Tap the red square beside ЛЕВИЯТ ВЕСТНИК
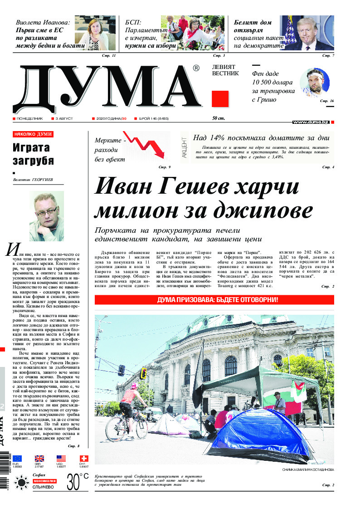pyautogui.click(x=220, y=98)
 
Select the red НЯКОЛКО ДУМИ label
pyautogui.click(x=33, y=134)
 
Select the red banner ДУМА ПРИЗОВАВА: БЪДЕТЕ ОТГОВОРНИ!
pyautogui.click(x=214, y=300)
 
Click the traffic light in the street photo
pyautogui.click(x=144, y=373)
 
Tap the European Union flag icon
pyautogui.click(x=18, y=458)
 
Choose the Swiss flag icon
pyautogui.click(x=83, y=458)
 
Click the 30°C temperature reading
pyautogui.click(x=78, y=482)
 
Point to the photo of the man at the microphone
pyautogui.click(x=306, y=33)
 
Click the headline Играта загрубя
pyautogui.click(x=34, y=154)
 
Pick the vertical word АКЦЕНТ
pyautogui.click(x=184, y=147)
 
